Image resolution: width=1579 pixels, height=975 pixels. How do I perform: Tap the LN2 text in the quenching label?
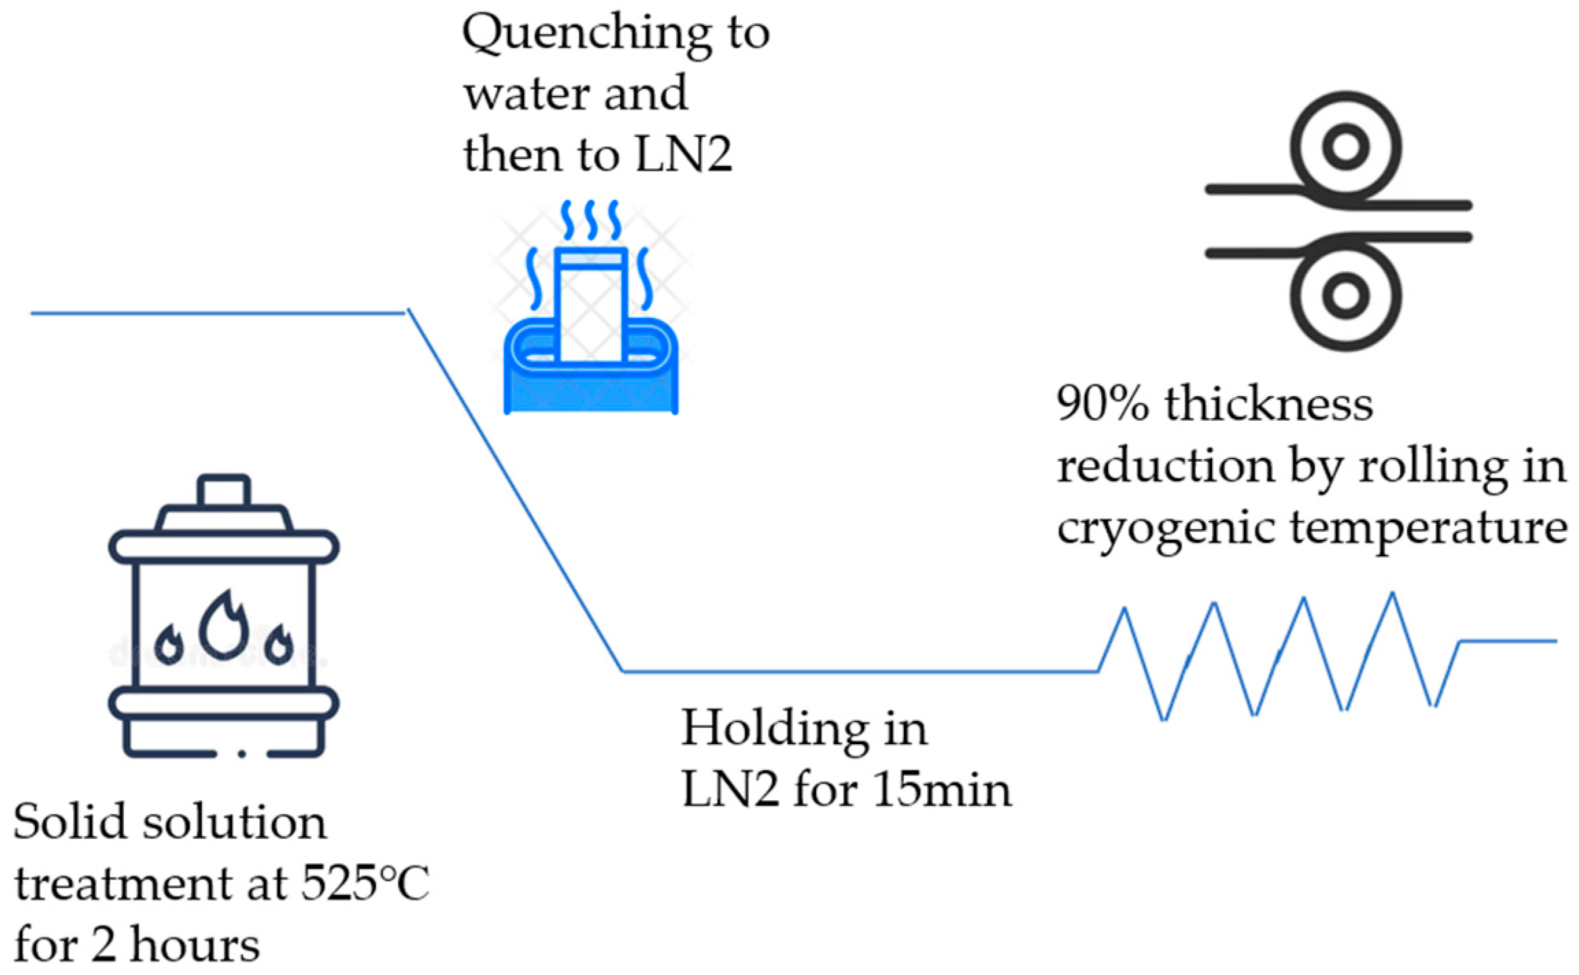click(683, 155)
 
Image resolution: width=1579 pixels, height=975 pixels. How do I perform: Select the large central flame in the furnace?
click(223, 625)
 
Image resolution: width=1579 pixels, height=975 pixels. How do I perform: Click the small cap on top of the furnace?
click(223, 491)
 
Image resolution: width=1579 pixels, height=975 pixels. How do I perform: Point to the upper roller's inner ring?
click(1345, 147)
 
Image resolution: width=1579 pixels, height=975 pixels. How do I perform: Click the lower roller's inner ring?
click(1345, 295)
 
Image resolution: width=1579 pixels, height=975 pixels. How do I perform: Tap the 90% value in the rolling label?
click(1102, 404)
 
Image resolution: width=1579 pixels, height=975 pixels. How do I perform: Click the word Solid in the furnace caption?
click(69, 822)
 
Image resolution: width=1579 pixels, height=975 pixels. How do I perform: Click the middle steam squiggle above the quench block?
click(591, 219)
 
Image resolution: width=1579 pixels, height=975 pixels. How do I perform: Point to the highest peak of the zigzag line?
click(1393, 594)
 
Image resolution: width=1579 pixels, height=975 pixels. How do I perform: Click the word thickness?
click(1269, 404)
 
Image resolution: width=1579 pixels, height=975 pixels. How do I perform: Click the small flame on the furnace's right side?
click(279, 645)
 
